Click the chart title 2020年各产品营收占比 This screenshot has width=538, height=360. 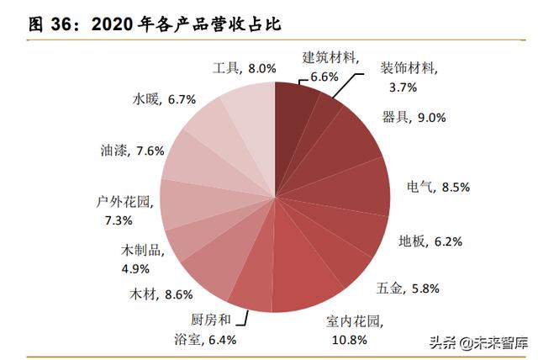coord(186,24)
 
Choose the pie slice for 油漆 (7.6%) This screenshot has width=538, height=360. coord(189,159)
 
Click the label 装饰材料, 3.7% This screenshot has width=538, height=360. coord(407,76)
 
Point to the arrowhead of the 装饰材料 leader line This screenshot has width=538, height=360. coord(343,98)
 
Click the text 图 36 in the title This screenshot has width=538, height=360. coord(47,24)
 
